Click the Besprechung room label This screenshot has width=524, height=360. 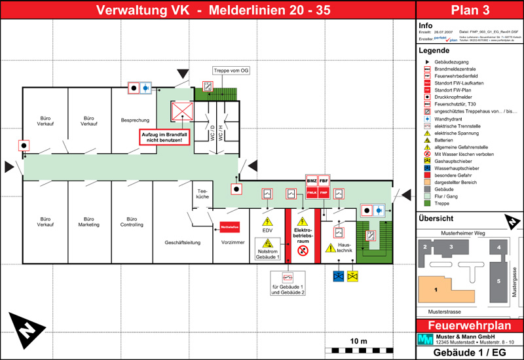click(135, 120)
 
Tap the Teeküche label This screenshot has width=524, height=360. click(202, 193)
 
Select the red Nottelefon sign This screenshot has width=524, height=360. click(230, 227)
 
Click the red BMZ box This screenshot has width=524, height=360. click(312, 181)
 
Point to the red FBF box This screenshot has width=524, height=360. click(324, 181)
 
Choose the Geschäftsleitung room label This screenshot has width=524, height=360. click(183, 242)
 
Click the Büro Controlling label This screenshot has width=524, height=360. click(132, 221)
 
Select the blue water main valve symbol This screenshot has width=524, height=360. click(339, 276)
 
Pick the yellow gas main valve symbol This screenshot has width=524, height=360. click(352, 276)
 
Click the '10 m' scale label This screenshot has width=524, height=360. click(358, 341)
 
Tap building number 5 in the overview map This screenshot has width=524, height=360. click(498, 281)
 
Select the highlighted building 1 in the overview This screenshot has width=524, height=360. click(436, 287)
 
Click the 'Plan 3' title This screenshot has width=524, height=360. click(470, 10)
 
